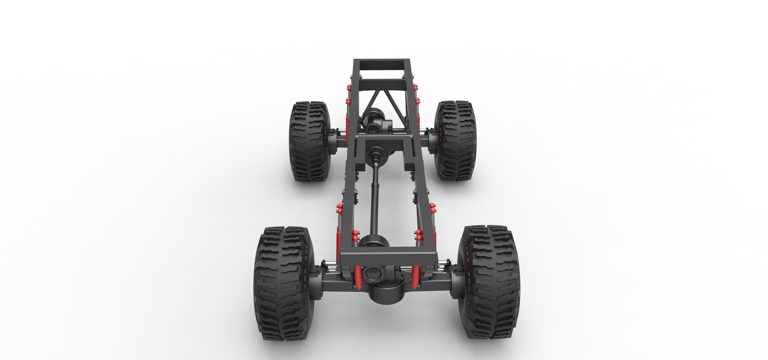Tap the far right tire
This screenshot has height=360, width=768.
click(x=455, y=142)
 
